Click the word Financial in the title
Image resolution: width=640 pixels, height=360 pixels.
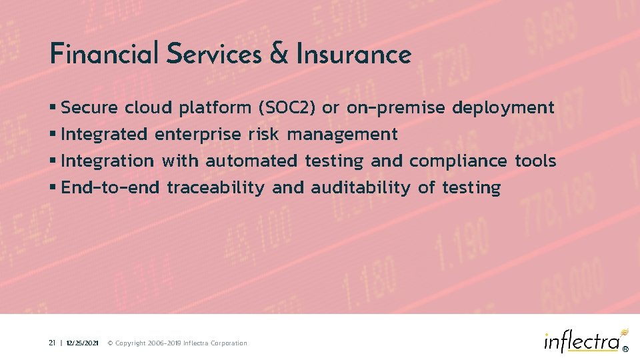(104, 53)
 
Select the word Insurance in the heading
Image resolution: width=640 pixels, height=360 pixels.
(354, 54)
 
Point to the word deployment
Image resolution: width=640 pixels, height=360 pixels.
(503, 107)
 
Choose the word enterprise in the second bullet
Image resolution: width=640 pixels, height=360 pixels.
(197, 135)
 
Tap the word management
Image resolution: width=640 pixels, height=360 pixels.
(342, 135)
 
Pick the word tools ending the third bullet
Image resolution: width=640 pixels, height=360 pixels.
(535, 161)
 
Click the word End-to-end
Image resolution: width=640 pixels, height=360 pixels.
(110, 188)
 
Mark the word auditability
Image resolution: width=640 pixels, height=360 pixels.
(361, 188)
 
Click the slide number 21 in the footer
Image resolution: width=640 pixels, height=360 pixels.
(51, 343)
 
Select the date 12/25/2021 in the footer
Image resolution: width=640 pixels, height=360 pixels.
(83, 343)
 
